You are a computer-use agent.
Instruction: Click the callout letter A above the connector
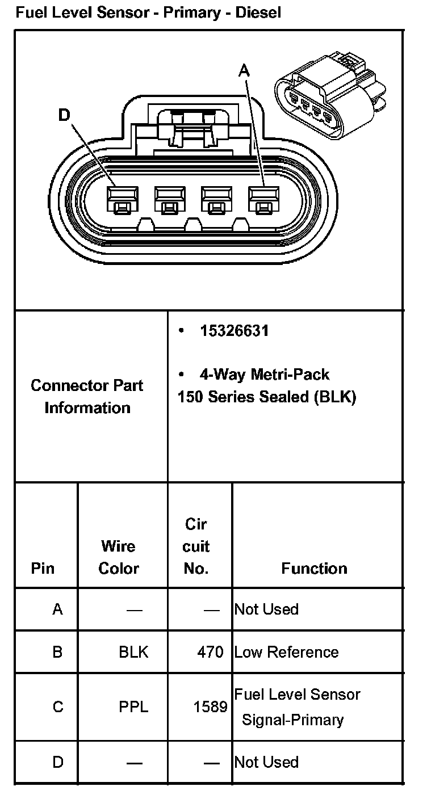click(244, 70)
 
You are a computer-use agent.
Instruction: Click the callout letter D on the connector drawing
click(64, 115)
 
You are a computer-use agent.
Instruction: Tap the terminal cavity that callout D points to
click(122, 201)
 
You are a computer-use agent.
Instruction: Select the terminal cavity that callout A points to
click(262, 201)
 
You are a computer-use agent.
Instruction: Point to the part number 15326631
click(234, 331)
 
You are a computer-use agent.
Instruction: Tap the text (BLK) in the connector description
click(335, 397)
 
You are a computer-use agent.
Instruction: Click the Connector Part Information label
click(87, 396)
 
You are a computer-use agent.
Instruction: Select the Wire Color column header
click(119, 557)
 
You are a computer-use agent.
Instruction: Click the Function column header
click(314, 568)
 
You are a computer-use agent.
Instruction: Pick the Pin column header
click(43, 568)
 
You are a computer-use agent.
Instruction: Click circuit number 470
click(211, 652)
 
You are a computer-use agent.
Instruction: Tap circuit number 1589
click(211, 707)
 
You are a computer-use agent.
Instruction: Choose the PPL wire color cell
click(133, 707)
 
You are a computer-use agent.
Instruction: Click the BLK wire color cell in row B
click(133, 652)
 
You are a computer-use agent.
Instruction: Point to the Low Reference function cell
click(286, 652)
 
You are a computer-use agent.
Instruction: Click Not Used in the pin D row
click(266, 762)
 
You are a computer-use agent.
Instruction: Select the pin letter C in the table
click(58, 707)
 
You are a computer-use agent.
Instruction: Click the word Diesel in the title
click(258, 12)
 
